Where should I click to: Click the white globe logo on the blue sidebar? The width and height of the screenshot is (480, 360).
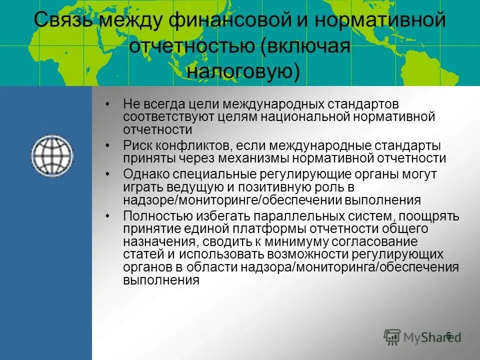click(52, 155)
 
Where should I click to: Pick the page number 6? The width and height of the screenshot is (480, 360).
click(448, 335)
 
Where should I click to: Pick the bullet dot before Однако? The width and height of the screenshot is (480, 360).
click(108, 175)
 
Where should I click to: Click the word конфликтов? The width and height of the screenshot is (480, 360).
click(188, 146)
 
